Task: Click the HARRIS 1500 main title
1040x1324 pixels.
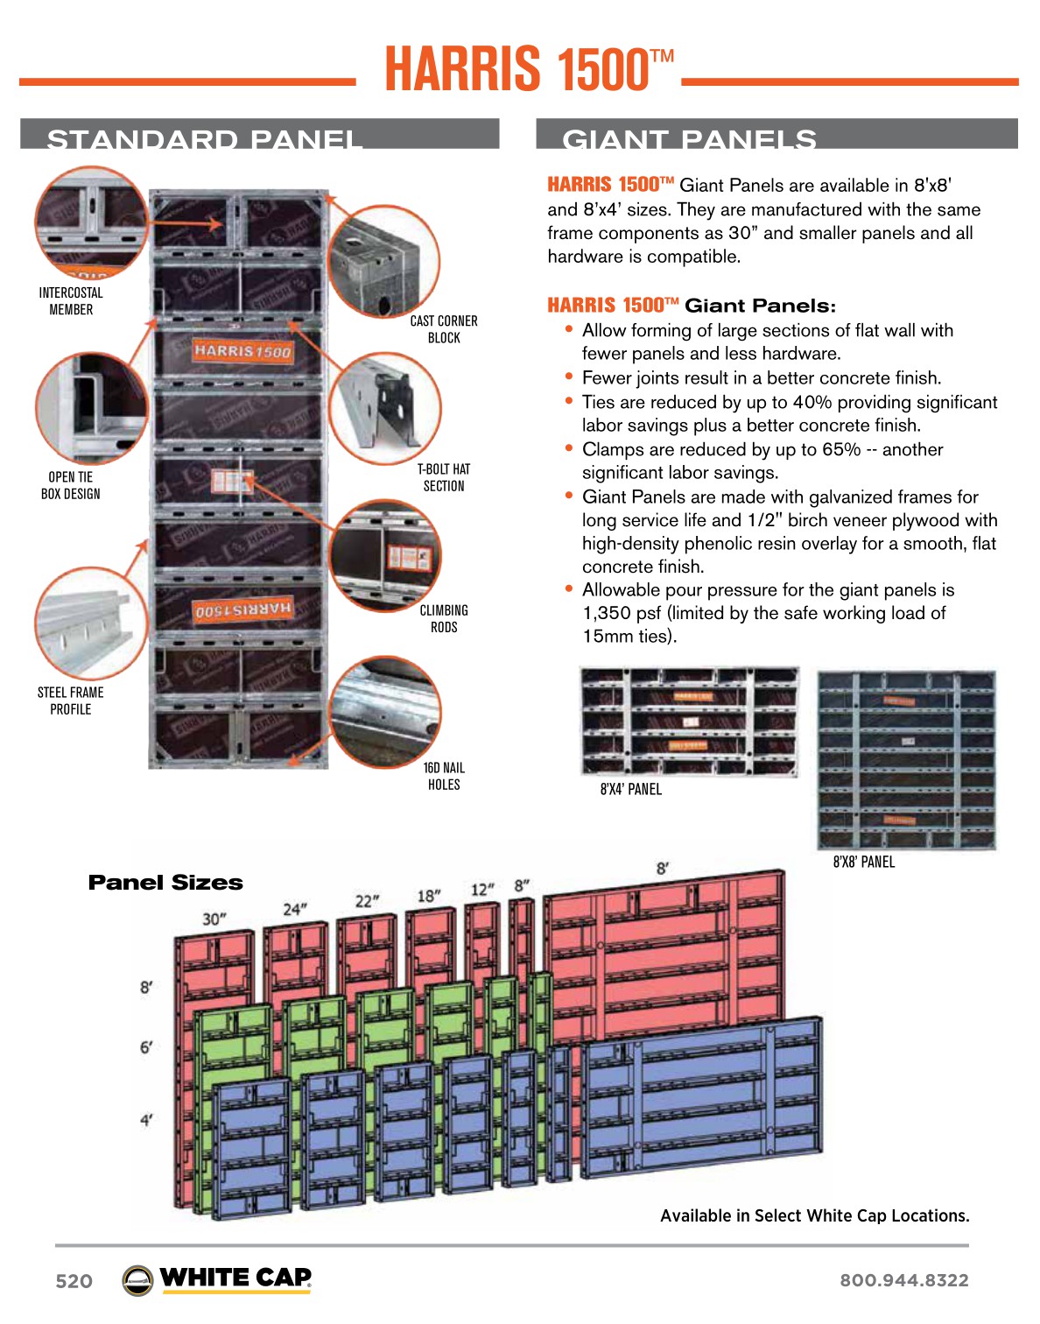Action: click(x=529, y=69)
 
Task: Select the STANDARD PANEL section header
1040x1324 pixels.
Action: click(x=205, y=138)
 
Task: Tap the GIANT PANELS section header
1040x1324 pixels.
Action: click(x=689, y=138)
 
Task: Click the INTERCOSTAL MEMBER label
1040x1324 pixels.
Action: click(x=71, y=301)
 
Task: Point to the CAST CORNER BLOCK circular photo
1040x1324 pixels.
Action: click(x=383, y=261)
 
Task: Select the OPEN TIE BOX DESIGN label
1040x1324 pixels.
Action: click(x=71, y=485)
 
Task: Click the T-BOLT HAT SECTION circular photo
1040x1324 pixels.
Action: click(x=385, y=409)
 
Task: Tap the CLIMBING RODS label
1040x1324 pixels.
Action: click(x=444, y=618)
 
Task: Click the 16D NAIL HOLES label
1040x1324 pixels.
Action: click(x=444, y=776)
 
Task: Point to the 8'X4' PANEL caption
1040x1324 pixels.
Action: click(x=630, y=789)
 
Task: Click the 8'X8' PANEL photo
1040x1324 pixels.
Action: click(x=906, y=760)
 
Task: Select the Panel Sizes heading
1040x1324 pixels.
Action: click(x=165, y=883)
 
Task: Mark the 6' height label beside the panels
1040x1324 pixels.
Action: click(x=146, y=1047)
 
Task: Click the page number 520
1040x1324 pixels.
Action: click(x=74, y=1281)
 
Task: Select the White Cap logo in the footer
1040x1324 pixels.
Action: click(x=217, y=1279)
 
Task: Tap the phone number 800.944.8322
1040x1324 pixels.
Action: click(x=903, y=1280)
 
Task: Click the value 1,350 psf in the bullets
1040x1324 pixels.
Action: click(x=622, y=613)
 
